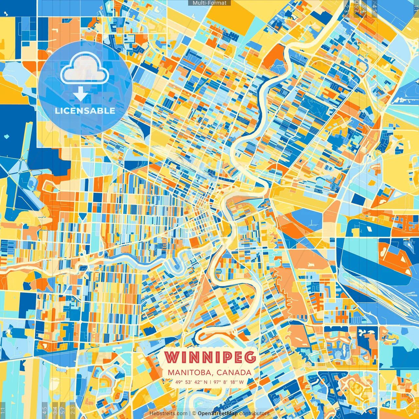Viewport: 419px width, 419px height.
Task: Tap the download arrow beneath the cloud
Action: [80, 95]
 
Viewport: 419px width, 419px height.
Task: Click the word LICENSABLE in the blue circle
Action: [85, 111]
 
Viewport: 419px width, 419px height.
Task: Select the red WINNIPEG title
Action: [210, 357]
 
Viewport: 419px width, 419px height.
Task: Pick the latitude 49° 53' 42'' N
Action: [191, 382]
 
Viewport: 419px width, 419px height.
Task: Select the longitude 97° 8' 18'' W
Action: [229, 382]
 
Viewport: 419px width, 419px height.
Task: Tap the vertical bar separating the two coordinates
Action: [210, 382]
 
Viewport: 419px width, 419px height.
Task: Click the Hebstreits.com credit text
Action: [168, 413]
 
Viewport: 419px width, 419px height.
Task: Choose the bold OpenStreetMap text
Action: [218, 413]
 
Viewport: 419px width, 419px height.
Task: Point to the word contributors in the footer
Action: [254, 413]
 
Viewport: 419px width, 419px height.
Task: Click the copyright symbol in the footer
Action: [194, 413]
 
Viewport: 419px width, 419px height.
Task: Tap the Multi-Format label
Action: [209, 3]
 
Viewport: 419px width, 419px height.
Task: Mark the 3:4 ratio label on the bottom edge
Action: [55, 410]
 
